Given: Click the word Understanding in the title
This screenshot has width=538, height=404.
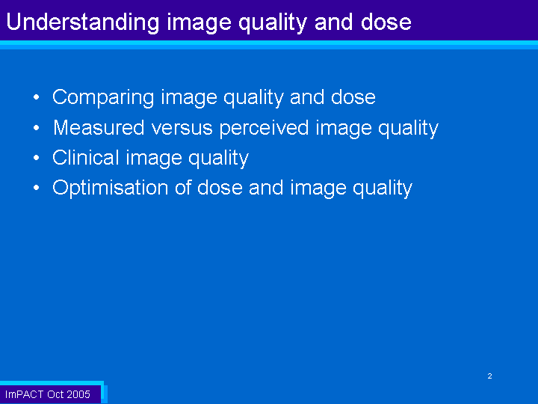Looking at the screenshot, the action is click(x=83, y=22).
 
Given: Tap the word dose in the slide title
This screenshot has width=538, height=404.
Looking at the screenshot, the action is click(x=386, y=21).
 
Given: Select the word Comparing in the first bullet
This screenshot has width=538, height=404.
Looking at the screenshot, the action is click(x=103, y=97).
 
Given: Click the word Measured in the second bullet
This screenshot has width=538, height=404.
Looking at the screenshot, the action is click(x=99, y=127).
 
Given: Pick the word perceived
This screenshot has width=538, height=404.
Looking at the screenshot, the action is click(x=265, y=129).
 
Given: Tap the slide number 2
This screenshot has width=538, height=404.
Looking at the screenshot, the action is click(x=489, y=376).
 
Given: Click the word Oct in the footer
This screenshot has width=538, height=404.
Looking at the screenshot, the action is click(x=55, y=394).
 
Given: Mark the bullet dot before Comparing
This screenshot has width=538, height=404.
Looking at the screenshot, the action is click(x=37, y=97).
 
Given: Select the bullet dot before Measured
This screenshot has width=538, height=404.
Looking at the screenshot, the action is click(x=37, y=128).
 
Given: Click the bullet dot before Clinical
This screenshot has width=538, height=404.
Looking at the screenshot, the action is click(x=37, y=158).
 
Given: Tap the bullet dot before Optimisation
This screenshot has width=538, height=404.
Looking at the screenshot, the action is click(x=37, y=188).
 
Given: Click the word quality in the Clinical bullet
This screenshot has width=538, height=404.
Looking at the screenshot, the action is click(x=218, y=159).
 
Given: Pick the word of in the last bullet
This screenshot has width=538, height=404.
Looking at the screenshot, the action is click(x=183, y=188).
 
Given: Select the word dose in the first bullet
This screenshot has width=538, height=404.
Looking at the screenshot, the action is click(x=353, y=97).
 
